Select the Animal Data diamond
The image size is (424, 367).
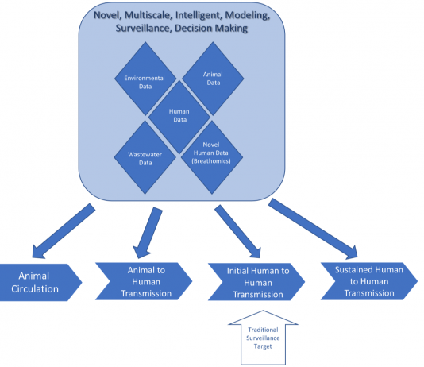pyautogui.click(x=213, y=79)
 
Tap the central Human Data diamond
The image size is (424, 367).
pyautogui.click(x=179, y=118)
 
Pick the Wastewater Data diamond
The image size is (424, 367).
pyautogui.click(x=145, y=157)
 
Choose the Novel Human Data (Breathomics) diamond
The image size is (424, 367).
pyautogui.click(x=212, y=157)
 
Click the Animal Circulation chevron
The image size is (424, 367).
pyautogui.click(x=38, y=282)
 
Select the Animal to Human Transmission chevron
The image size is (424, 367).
pyautogui.click(x=144, y=281)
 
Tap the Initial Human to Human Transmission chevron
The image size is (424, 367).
pyautogui.click(x=256, y=282)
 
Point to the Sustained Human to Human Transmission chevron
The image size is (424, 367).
pyautogui.click(x=369, y=281)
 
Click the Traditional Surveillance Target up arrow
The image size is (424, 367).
pyautogui.click(x=263, y=338)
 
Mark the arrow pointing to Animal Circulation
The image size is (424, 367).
pyautogui.click(x=64, y=230)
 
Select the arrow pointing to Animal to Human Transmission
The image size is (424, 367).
pyautogui.click(x=148, y=233)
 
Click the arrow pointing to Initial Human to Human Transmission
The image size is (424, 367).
pyautogui.click(x=237, y=231)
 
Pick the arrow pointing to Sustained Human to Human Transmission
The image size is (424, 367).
pyautogui.click(x=313, y=229)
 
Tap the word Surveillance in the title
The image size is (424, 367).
pyautogui.click(x=143, y=28)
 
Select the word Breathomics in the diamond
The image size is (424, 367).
pyautogui.click(x=211, y=161)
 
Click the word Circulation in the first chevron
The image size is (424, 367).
pyautogui.click(x=35, y=289)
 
